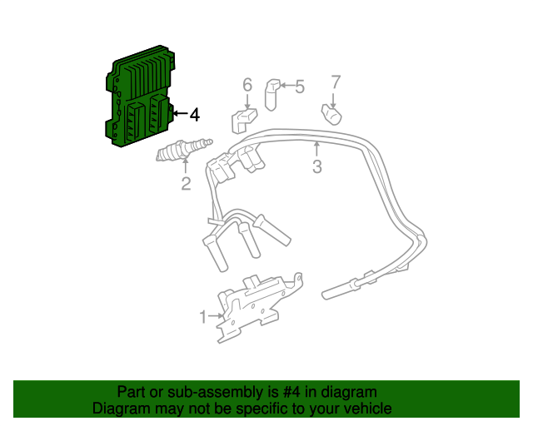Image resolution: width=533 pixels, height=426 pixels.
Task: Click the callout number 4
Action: click(194, 115)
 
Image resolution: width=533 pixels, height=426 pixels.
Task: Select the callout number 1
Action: click(202, 316)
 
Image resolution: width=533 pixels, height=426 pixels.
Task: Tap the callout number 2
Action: click(186, 184)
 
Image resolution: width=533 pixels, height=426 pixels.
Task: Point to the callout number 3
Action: click(317, 167)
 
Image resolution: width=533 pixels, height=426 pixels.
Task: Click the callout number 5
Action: click(300, 86)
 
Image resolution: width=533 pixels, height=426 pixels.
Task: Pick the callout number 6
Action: click(247, 85)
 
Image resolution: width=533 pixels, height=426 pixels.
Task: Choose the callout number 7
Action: click(336, 82)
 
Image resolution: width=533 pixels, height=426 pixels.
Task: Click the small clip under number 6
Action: click(244, 119)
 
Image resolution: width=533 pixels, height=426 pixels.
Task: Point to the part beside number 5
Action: click(273, 93)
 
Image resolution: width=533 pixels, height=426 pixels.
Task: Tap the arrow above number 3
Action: click(316, 150)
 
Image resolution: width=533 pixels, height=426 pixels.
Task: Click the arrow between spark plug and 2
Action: click(185, 166)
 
